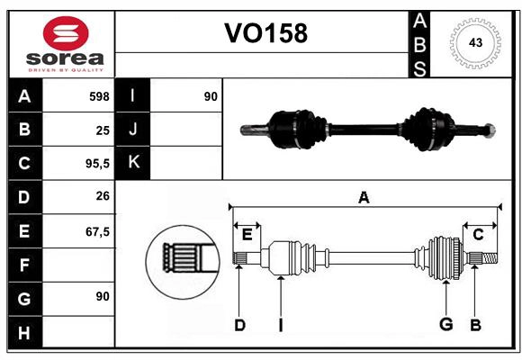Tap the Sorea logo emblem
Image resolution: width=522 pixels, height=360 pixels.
click(x=66, y=34)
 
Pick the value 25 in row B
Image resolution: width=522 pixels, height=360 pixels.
click(x=102, y=130)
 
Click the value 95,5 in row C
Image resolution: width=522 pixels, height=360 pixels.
click(x=95, y=164)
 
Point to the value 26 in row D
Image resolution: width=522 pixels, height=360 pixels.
click(x=102, y=197)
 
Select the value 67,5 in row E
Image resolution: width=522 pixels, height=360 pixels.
click(x=97, y=231)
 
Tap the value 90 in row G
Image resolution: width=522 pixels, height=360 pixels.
click(x=102, y=296)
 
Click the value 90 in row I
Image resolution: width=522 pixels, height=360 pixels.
click(x=211, y=95)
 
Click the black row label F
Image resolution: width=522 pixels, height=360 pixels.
click(x=24, y=265)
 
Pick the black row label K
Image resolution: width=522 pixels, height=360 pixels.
click(x=133, y=163)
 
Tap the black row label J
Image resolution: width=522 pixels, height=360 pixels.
click(x=133, y=130)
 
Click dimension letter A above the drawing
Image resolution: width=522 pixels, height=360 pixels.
click(x=364, y=198)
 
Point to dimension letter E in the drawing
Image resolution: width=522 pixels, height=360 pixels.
click(x=247, y=235)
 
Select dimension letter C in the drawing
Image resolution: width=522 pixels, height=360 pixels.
click(x=478, y=235)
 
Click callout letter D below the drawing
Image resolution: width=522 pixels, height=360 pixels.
click(x=239, y=325)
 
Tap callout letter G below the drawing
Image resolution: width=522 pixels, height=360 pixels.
click(x=445, y=325)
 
